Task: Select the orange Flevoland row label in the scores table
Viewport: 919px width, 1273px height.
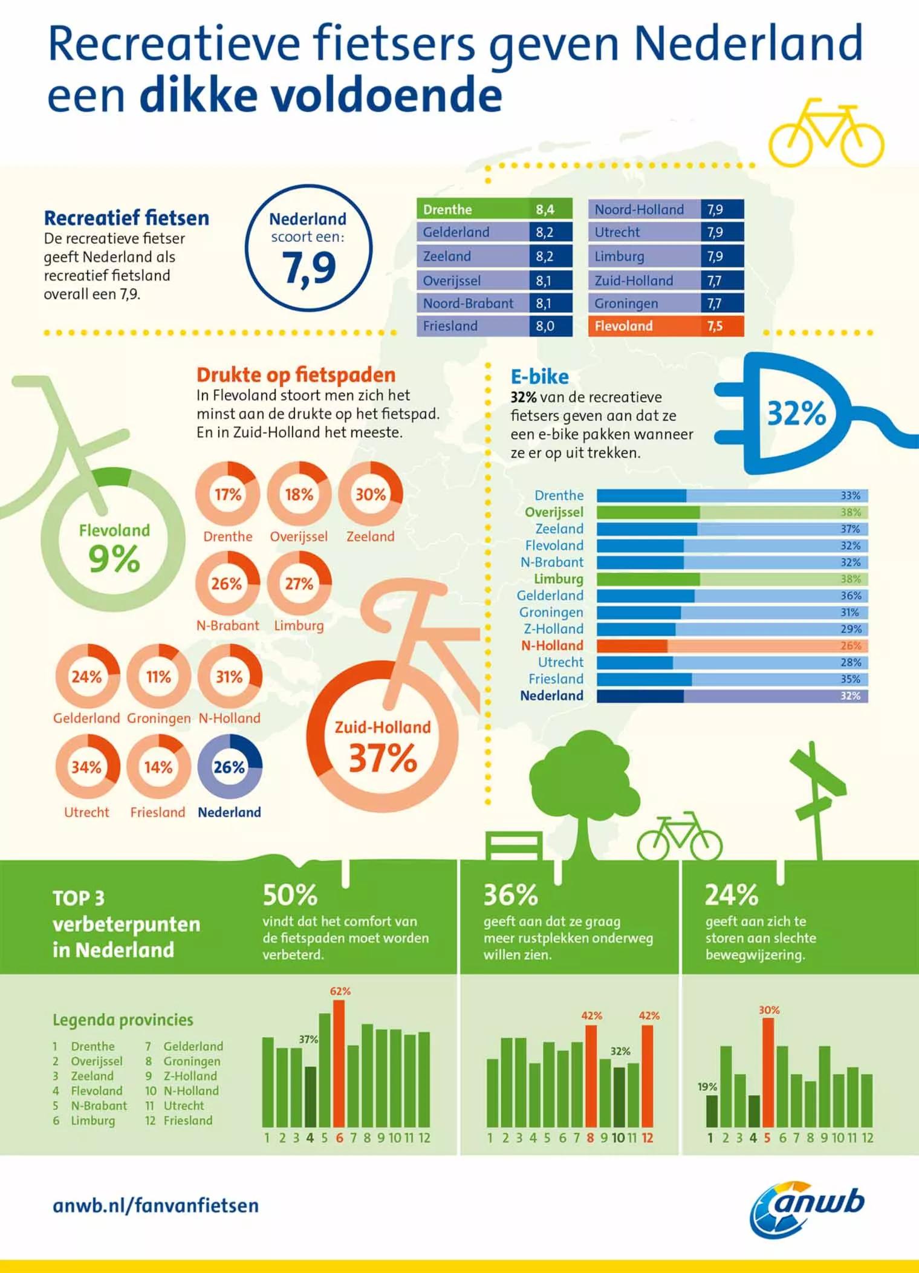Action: click(x=644, y=326)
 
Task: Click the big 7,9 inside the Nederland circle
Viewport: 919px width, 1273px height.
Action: click(x=309, y=267)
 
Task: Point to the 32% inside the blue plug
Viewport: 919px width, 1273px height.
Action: click(x=796, y=414)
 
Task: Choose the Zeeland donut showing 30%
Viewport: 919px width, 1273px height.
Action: click(x=370, y=494)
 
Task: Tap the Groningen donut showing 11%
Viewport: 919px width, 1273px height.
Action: click(x=158, y=676)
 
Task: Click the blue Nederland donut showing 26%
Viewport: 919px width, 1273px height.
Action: click(x=230, y=767)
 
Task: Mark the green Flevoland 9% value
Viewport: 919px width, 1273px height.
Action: click(x=114, y=558)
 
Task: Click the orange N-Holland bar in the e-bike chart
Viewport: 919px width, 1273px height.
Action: click(x=732, y=646)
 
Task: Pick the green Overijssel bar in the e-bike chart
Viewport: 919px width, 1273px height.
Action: click(x=732, y=512)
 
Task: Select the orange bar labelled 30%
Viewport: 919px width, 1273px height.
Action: click(x=768, y=1073)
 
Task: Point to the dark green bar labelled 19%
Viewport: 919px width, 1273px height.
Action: click(x=712, y=1111)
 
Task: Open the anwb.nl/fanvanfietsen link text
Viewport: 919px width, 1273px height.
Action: click(x=156, y=1206)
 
